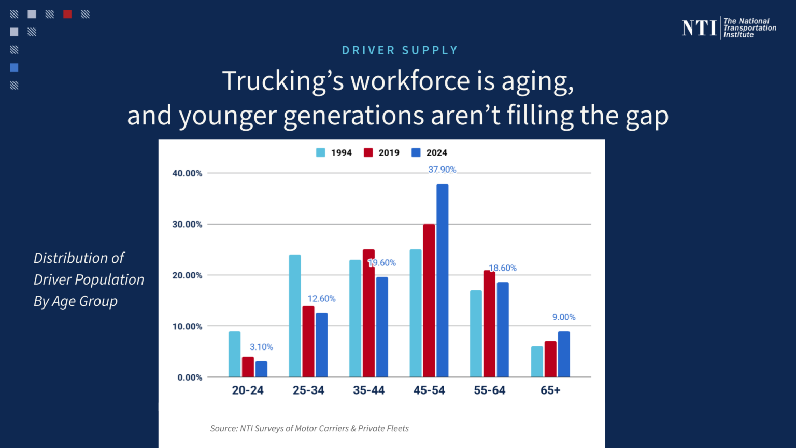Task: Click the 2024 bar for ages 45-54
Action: (442, 280)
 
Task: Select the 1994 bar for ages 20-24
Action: (234, 354)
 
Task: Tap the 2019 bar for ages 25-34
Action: (308, 341)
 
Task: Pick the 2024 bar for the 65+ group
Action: (564, 354)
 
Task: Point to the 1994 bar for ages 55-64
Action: (476, 333)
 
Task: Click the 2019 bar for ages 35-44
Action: (368, 313)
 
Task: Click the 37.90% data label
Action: (442, 170)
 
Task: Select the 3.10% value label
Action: (261, 347)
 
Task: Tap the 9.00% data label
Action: (564, 317)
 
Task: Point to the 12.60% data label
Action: (321, 298)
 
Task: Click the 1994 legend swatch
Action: (321, 152)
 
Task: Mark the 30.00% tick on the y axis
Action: (187, 225)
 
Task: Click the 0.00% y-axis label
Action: (190, 377)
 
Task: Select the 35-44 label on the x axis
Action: (368, 390)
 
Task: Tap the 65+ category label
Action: (550, 390)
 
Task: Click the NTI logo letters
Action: (699, 28)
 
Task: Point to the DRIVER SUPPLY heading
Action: (400, 50)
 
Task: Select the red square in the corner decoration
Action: (67, 14)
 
